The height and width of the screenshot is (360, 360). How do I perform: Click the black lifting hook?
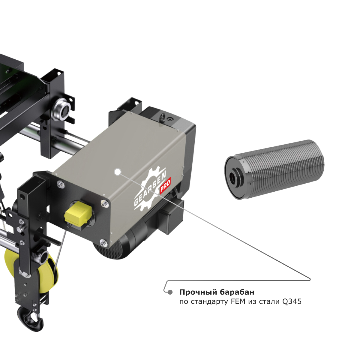[x=30, y=318]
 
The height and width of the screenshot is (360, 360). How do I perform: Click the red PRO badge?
[x=165, y=185]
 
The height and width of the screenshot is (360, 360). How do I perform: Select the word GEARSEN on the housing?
[x=150, y=190]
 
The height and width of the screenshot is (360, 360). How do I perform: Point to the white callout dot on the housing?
[x=118, y=172]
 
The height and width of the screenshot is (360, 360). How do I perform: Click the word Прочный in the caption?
[x=198, y=292]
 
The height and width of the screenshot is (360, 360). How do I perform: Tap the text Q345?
[x=292, y=302]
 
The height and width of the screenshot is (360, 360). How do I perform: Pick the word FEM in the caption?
[x=238, y=302]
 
